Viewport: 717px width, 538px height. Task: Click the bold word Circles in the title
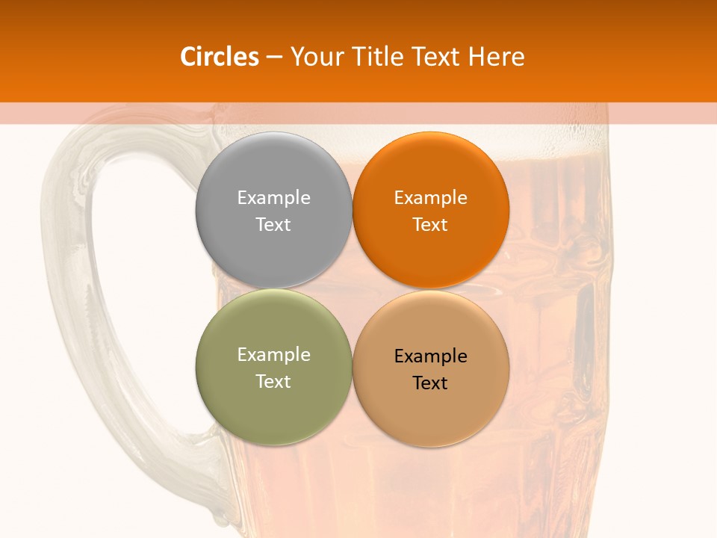pyautogui.click(x=220, y=57)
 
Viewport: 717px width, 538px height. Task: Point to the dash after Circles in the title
pyautogui.click(x=274, y=58)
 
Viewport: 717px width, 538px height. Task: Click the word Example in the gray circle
pyautogui.click(x=273, y=198)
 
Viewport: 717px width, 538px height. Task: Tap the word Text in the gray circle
pyautogui.click(x=273, y=224)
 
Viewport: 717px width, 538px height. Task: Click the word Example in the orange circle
pyautogui.click(x=430, y=198)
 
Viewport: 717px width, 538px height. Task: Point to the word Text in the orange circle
pyautogui.click(x=430, y=224)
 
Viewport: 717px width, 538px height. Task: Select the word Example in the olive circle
pyautogui.click(x=273, y=355)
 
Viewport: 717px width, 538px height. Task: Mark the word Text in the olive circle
pyautogui.click(x=273, y=381)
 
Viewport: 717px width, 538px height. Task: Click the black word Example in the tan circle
pyautogui.click(x=430, y=356)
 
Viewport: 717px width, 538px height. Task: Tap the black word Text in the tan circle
pyautogui.click(x=430, y=383)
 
